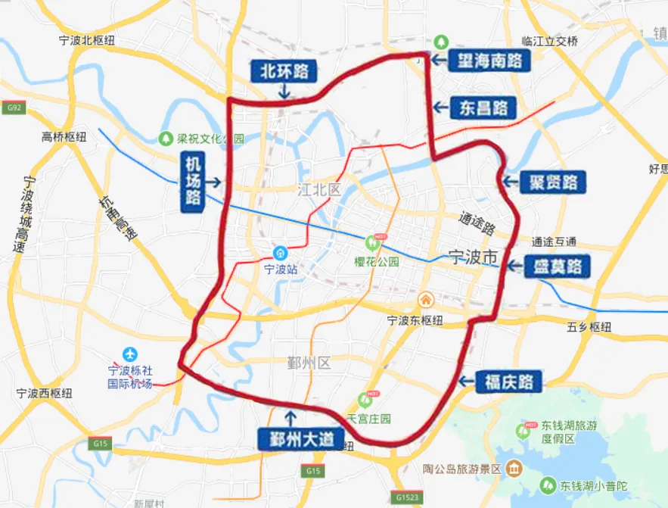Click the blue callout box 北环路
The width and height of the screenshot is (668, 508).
click(x=284, y=72)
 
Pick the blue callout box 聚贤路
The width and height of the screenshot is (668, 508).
click(x=553, y=182)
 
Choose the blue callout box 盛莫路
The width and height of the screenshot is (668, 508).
click(x=558, y=266)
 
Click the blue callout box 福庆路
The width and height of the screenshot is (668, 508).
click(x=508, y=382)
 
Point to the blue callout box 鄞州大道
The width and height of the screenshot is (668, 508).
click(x=301, y=439)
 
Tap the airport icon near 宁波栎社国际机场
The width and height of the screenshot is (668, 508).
click(x=130, y=354)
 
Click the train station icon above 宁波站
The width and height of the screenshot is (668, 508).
click(x=280, y=252)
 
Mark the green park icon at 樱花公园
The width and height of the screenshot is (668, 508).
click(x=372, y=243)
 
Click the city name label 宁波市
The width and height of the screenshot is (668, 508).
click(x=473, y=257)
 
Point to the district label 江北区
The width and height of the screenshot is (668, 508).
click(x=319, y=189)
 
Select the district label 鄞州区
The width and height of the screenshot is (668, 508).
click(x=309, y=363)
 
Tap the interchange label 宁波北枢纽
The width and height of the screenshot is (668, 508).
click(x=86, y=41)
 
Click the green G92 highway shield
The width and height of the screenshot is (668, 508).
click(x=14, y=108)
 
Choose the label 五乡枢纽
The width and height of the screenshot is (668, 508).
click(x=589, y=327)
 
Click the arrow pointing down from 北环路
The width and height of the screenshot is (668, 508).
click(x=284, y=92)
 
